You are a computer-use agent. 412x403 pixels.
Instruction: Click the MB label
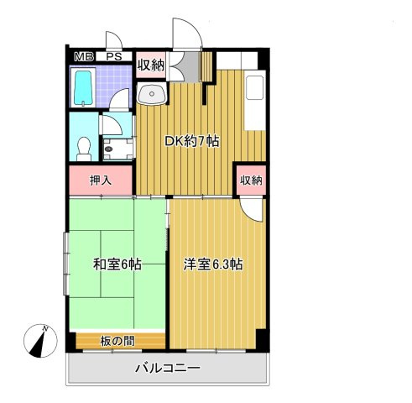point(84,56)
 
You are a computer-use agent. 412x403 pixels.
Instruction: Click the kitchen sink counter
point(255,101)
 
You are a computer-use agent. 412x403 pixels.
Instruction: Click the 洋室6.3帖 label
point(213,264)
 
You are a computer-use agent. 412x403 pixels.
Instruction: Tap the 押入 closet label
point(101,180)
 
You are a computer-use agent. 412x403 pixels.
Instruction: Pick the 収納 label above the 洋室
point(250,180)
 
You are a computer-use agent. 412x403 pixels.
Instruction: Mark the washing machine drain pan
point(115,148)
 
